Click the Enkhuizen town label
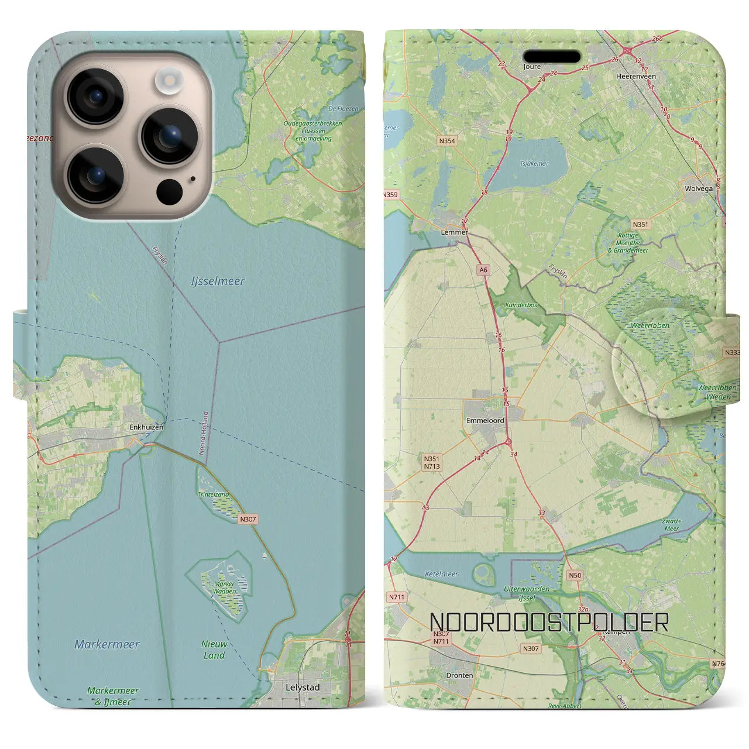(x=146, y=428)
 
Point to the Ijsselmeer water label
(x=218, y=281)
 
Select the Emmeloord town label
(x=485, y=420)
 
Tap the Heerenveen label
(x=636, y=77)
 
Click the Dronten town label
(x=459, y=675)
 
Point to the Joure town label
(x=532, y=67)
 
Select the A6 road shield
(x=483, y=270)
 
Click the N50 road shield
(x=575, y=576)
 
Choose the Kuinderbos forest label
(x=514, y=305)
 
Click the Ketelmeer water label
(x=442, y=574)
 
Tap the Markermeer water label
(x=107, y=645)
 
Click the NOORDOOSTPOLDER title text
(x=549, y=623)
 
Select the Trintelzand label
(x=214, y=495)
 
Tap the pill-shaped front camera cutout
(x=552, y=57)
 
